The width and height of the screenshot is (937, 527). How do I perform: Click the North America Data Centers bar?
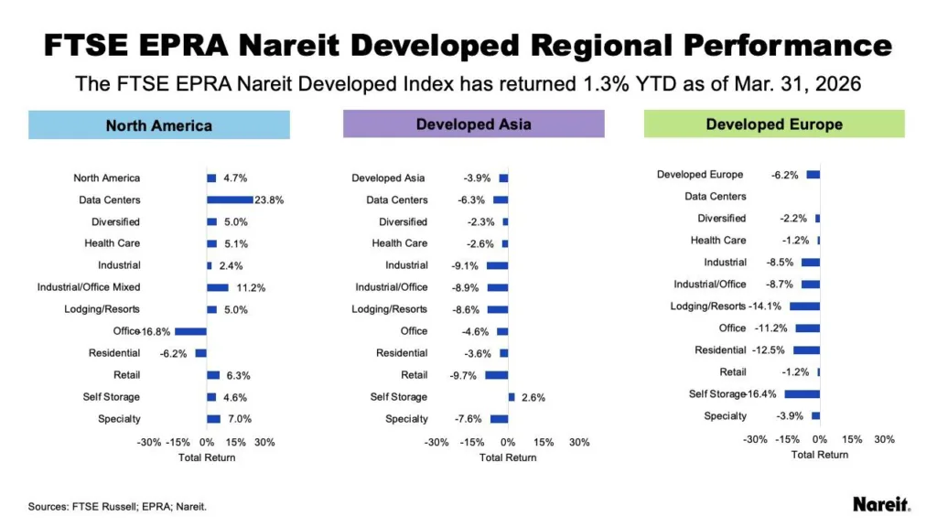point(230,199)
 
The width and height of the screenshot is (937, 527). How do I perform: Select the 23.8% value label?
point(270,199)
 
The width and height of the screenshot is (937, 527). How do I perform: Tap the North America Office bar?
point(190,331)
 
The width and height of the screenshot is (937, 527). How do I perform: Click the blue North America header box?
point(159,125)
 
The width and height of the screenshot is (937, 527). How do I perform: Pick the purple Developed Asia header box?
point(473,124)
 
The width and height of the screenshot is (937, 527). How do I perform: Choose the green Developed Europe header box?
point(773,124)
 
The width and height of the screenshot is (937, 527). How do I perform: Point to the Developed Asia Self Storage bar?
point(511,397)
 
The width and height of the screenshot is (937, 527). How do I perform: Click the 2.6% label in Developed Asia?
point(533,397)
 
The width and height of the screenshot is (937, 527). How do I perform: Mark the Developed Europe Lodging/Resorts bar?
point(804,306)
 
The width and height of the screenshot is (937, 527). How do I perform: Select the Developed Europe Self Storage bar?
point(802,393)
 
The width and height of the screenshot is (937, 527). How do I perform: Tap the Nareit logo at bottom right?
point(881,504)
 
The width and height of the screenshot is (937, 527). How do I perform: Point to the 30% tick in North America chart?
point(264,442)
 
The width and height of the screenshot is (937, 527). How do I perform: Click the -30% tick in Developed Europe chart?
point(755,439)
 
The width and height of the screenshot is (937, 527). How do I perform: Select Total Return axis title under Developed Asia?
point(508,457)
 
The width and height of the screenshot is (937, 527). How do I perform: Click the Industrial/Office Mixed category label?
point(88,287)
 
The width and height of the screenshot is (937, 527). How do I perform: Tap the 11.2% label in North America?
point(250,287)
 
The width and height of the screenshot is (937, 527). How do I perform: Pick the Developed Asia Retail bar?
point(496,375)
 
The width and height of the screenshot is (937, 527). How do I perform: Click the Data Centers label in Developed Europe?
point(716,196)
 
